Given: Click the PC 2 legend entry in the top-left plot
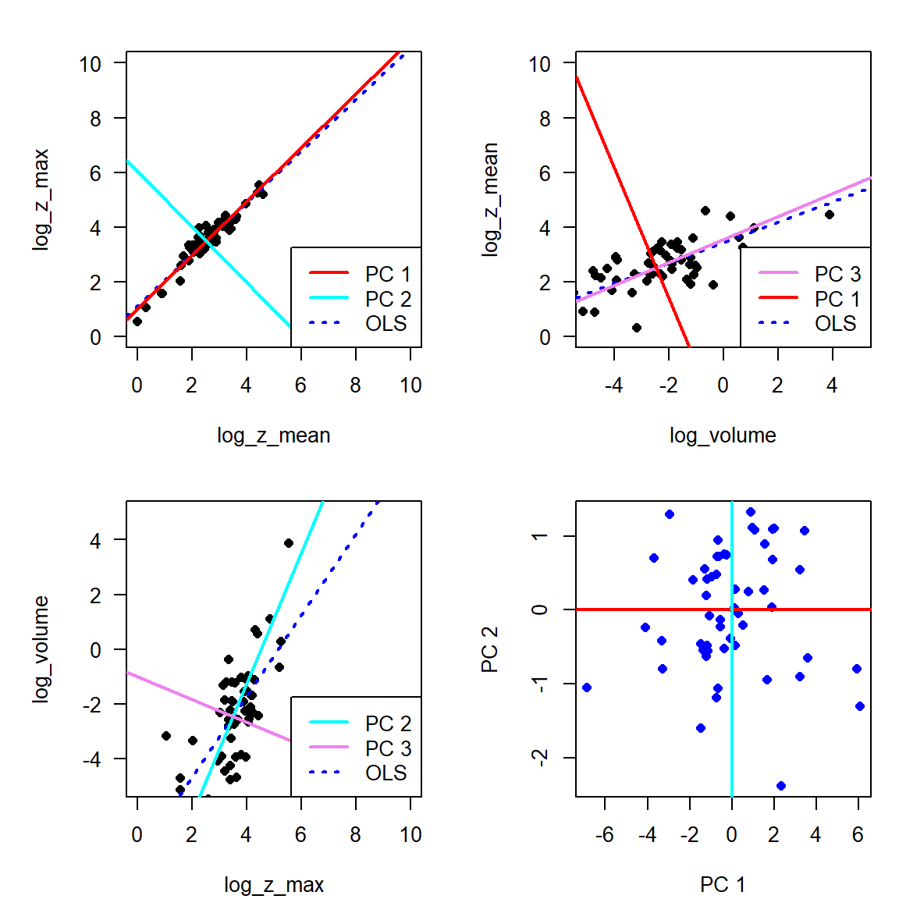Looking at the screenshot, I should click(388, 299).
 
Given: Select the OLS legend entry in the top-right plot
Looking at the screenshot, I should click(835, 323).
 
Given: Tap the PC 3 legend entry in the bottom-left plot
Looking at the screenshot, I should click(388, 748).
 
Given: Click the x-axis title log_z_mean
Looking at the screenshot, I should click(273, 435).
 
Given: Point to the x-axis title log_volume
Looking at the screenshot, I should click(723, 435).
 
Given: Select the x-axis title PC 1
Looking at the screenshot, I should click(723, 885).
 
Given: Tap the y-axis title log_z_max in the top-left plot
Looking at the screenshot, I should click(41, 199).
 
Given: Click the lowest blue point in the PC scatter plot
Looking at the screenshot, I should click(781, 786).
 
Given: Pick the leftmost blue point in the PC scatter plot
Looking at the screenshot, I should click(587, 688).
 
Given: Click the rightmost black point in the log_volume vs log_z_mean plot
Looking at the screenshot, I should click(830, 215).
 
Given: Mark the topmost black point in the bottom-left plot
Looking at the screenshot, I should click(289, 543).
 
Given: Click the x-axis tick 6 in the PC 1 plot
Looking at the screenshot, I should click(858, 835).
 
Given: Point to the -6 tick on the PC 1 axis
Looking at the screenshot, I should click(605, 835).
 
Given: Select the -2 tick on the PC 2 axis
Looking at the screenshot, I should click(540, 757).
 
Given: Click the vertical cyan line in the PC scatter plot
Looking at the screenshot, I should click(732, 702).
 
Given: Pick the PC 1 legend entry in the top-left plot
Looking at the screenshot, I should click(388, 274).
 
